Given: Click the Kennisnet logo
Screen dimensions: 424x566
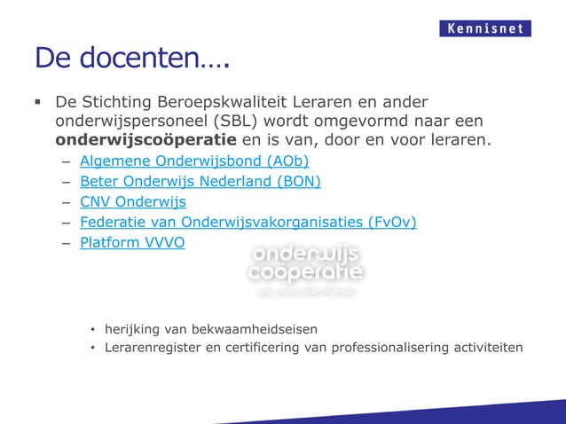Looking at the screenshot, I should coord(485,28).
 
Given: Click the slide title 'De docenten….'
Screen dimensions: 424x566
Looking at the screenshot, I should coord(131,59).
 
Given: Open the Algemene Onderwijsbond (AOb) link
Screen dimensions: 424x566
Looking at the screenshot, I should coord(194,161).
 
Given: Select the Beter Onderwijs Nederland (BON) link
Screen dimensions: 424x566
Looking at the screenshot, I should coord(200,182).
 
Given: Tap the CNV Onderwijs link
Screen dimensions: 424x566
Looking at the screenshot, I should coord(133,202).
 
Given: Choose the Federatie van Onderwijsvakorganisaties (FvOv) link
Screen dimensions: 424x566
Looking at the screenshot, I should coord(248,222).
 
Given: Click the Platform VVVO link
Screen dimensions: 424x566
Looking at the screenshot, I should coord(132,242).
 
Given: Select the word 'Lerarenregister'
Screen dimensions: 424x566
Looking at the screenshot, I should coord(152,347).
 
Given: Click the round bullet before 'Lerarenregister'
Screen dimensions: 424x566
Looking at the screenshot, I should coord(91,348).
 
